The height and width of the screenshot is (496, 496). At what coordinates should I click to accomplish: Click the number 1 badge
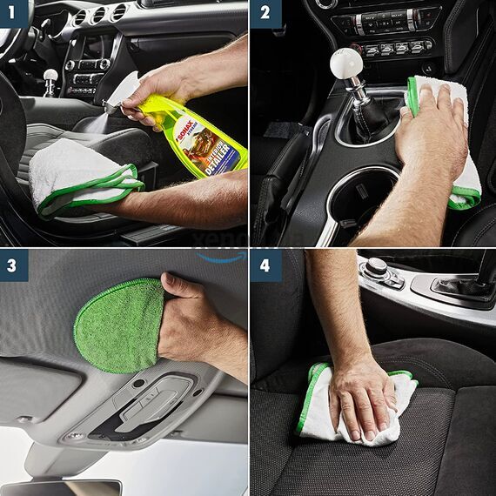(x=15, y=15)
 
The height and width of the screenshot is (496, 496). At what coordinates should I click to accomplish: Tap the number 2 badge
(x=265, y=15)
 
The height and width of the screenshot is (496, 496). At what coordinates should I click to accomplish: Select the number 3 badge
(x=15, y=265)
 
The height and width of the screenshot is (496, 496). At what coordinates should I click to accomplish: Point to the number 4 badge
(x=265, y=265)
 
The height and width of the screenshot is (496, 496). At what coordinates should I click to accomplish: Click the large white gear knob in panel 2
(x=345, y=64)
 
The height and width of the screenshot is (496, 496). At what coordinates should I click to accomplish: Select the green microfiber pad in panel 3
(x=117, y=326)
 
